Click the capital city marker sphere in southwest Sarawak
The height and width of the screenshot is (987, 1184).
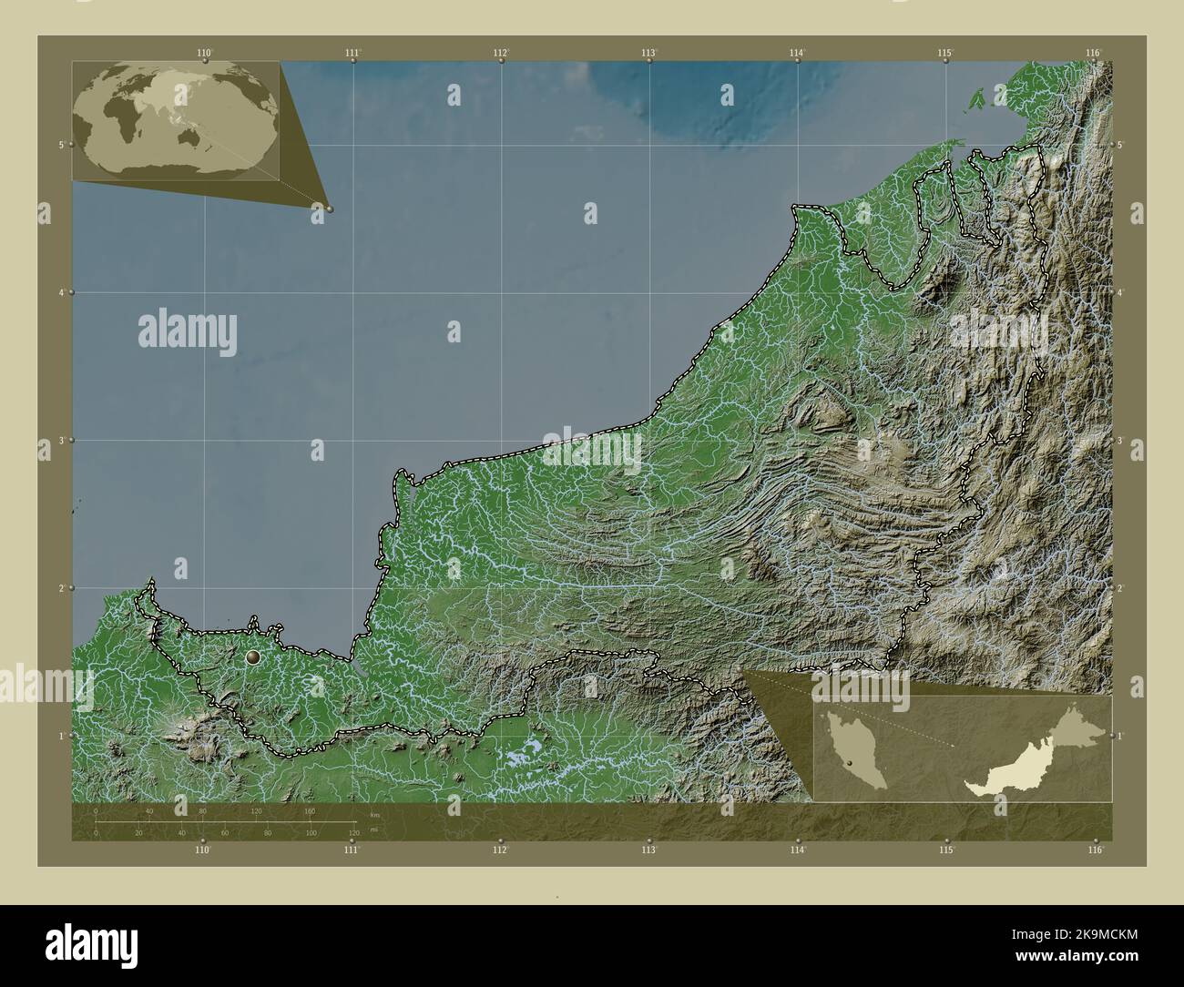coord(253,656)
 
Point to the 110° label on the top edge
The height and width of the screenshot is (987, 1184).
coord(205,53)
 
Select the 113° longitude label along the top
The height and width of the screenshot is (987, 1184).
coord(648,53)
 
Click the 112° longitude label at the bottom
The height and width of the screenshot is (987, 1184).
coord(500,850)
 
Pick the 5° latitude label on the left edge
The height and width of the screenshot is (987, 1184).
coord(60,145)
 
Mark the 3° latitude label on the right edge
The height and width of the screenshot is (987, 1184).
coord(1122,440)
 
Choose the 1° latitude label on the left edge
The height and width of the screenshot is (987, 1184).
coord(60,736)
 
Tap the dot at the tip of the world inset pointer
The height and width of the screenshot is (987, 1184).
coord(330,209)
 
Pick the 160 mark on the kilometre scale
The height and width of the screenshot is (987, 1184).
coord(310,810)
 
